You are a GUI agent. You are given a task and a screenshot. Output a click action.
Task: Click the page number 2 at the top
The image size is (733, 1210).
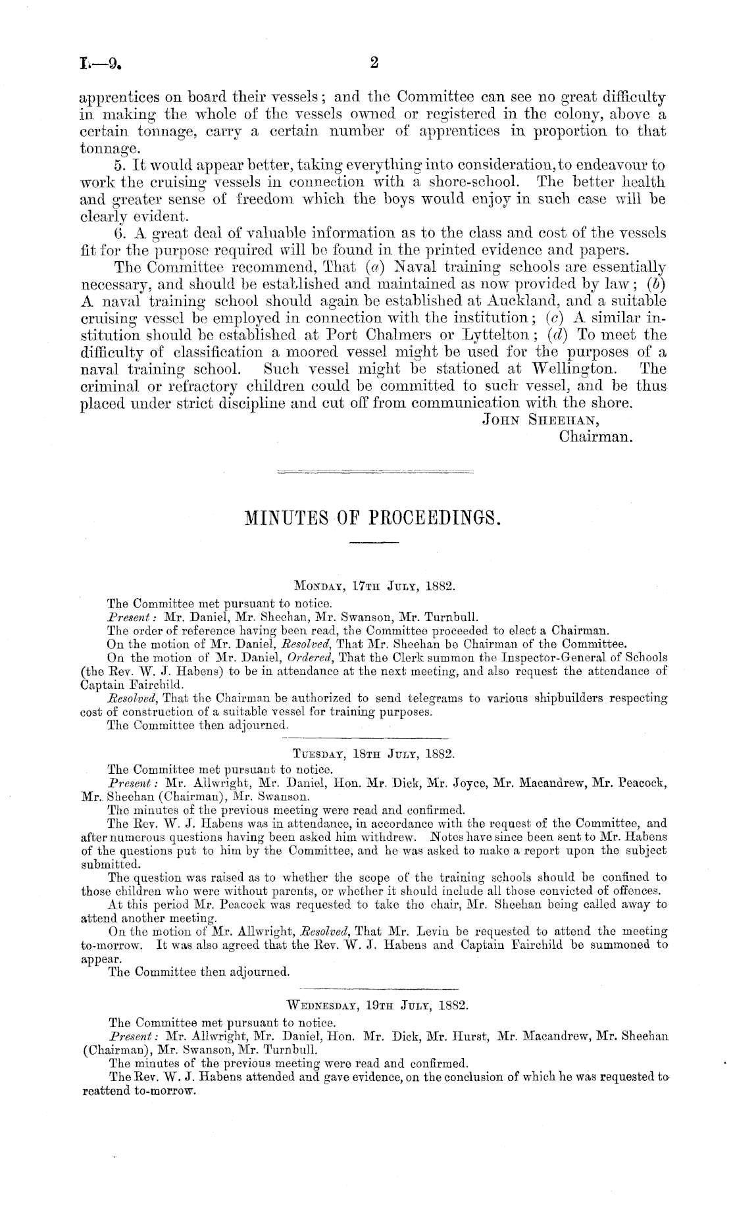[x=374, y=63]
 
